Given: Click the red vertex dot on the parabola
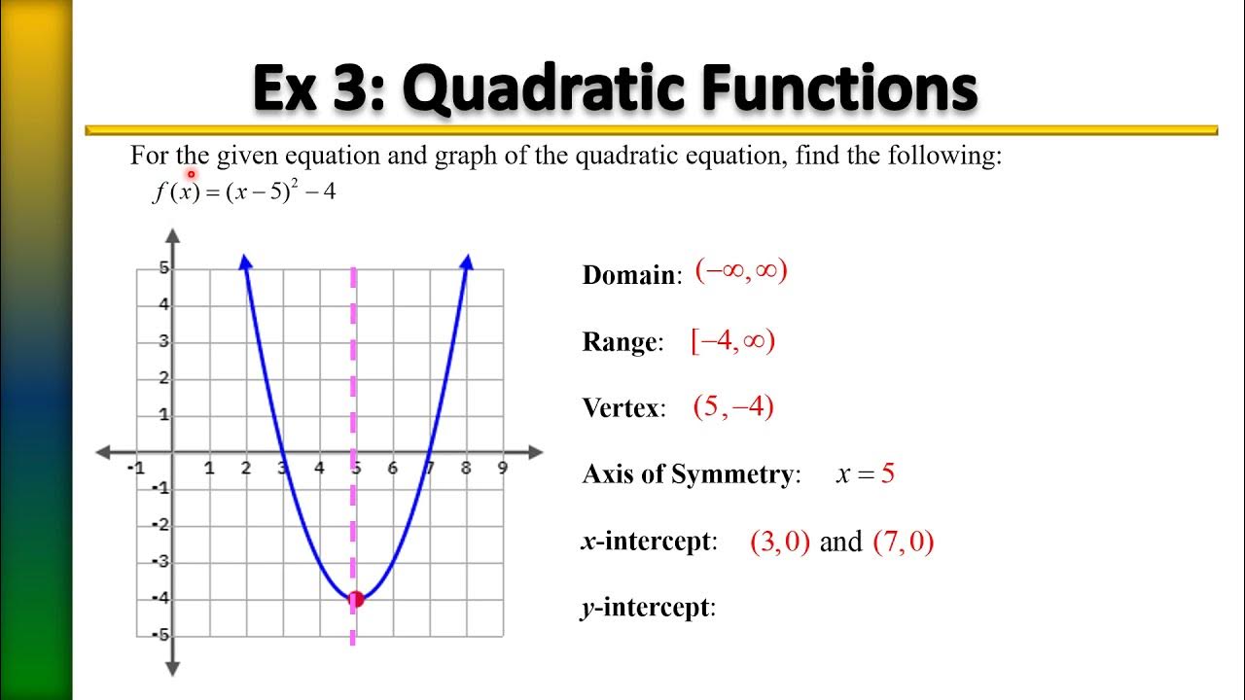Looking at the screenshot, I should click(x=356, y=599).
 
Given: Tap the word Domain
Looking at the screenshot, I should click(x=628, y=275).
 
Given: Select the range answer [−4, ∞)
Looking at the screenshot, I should click(x=732, y=341).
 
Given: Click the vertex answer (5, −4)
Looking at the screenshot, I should click(x=733, y=406).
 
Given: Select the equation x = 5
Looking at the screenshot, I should click(x=865, y=474).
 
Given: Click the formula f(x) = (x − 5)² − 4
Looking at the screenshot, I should click(x=244, y=192).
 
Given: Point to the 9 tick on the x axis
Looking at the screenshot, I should click(x=502, y=469).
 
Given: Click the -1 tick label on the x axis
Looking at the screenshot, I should click(x=135, y=469).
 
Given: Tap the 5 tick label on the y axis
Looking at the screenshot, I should click(x=164, y=267).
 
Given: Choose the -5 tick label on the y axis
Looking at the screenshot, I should click(x=161, y=635).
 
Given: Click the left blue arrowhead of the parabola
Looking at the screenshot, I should click(x=245, y=261).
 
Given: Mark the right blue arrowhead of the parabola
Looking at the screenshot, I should click(x=467, y=261).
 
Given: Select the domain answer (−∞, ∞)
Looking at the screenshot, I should click(x=741, y=271).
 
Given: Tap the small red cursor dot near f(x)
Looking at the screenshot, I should click(x=192, y=174).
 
